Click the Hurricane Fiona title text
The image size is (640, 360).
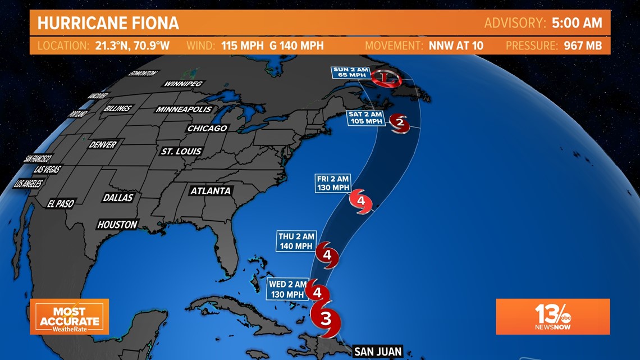(x=108, y=23)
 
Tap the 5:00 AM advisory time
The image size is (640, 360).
(x=577, y=23)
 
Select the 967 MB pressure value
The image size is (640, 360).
(x=583, y=45)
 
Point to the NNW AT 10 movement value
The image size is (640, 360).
(x=456, y=45)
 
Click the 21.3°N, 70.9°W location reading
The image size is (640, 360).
(x=129, y=45)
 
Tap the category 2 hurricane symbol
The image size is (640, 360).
(x=400, y=122)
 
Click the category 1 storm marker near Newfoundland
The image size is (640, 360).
(x=383, y=77)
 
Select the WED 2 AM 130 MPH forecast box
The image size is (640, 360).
(x=288, y=289)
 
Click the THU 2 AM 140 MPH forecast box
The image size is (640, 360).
(x=297, y=241)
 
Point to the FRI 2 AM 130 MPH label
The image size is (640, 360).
(x=333, y=183)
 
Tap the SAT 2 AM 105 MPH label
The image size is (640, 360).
(x=365, y=117)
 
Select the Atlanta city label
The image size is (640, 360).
(x=211, y=191)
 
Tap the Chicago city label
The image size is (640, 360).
(x=207, y=128)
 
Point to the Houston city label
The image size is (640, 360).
(x=117, y=225)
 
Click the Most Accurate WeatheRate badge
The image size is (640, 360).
(x=69, y=316)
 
